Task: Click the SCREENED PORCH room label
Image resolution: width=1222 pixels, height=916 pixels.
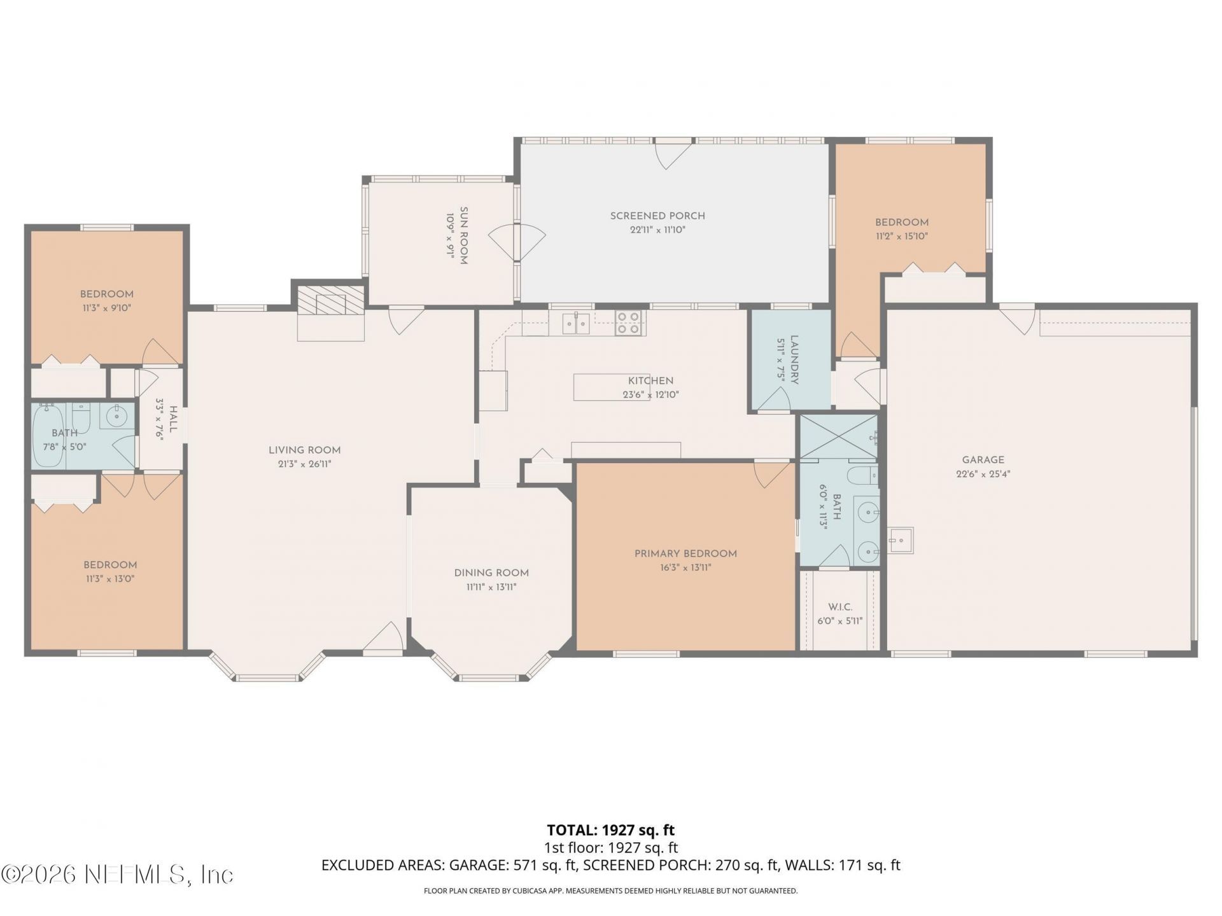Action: point(657,216)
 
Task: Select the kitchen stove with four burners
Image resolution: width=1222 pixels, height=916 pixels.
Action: point(628,323)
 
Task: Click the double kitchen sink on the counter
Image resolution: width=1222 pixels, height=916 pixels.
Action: point(576,323)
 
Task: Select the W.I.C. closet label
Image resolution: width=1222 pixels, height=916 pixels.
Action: point(839,607)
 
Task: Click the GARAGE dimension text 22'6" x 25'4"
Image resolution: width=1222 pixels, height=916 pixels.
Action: point(983,474)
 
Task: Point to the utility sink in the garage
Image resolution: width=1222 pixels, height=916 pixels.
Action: point(901,540)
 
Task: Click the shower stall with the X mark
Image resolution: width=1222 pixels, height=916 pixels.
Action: point(838,436)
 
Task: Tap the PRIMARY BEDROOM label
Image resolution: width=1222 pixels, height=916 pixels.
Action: point(685,553)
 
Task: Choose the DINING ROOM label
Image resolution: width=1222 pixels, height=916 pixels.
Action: point(491,572)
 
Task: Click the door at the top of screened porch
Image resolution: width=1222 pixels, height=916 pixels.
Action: point(673,153)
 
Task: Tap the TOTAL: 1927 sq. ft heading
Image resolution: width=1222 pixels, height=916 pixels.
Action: point(610,830)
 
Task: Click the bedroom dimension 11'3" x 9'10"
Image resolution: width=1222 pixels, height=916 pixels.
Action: point(106,308)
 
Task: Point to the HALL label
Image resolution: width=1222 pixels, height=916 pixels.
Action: point(172,420)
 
